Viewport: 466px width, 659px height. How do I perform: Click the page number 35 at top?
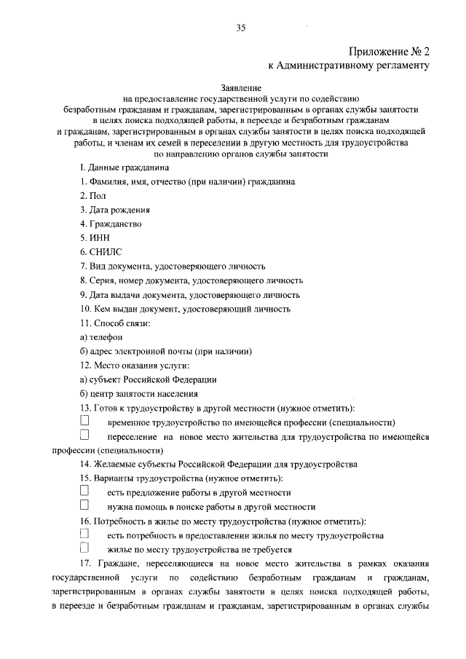click(241, 28)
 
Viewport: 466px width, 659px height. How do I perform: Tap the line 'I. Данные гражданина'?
click(124, 167)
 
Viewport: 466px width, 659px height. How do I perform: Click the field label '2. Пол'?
click(93, 196)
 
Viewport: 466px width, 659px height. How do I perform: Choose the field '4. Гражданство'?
click(111, 224)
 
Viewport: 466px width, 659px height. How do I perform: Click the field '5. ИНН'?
click(96, 238)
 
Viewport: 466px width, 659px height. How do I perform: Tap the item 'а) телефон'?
click(101, 336)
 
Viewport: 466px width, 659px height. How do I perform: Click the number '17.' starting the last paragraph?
click(84, 564)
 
